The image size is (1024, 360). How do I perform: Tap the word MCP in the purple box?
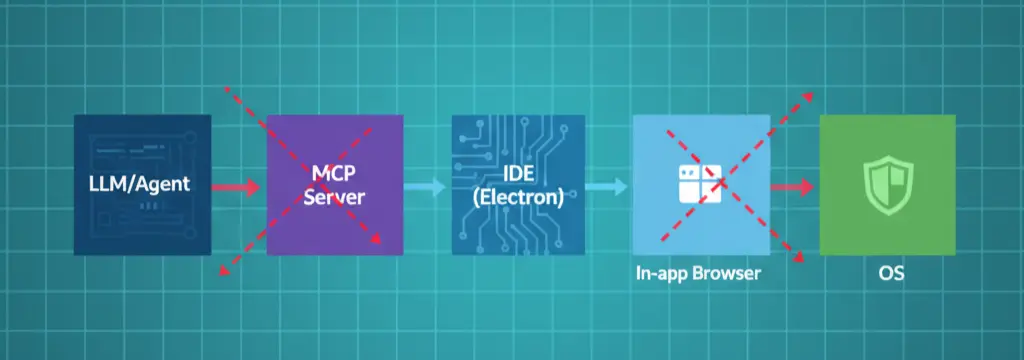coord(334,174)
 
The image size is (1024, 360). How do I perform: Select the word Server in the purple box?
coord(334,197)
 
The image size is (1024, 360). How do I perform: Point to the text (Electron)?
coord(518,197)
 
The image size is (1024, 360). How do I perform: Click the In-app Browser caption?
coord(698,273)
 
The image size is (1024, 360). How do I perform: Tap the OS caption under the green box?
coord(886,273)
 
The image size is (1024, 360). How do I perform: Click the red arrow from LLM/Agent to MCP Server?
coord(238,186)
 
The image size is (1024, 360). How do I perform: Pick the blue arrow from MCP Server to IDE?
coord(426,186)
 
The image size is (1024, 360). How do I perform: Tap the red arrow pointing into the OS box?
coord(794,186)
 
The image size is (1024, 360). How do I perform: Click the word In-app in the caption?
coord(663,273)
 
